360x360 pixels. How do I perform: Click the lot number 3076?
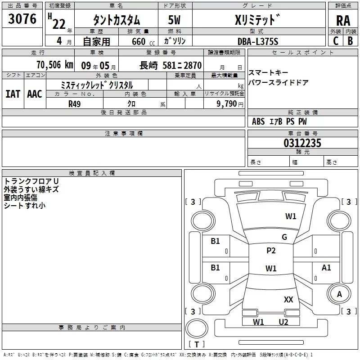click(22, 19)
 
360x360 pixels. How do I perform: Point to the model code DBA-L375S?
click(258, 41)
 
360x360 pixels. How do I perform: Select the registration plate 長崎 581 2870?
click(171, 65)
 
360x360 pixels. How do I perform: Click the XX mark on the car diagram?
click(288, 299)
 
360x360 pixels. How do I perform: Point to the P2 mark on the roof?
click(271, 251)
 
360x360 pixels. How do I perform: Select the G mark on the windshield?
click(284, 237)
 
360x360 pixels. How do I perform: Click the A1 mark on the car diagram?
click(326, 268)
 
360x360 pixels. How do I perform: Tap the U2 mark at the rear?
click(283, 322)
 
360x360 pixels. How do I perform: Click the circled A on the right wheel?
click(340, 294)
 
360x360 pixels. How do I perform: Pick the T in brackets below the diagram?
click(196, 345)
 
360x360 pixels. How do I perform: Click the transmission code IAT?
click(13, 94)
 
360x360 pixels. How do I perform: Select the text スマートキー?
click(268, 73)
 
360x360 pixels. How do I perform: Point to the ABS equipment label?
click(258, 121)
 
